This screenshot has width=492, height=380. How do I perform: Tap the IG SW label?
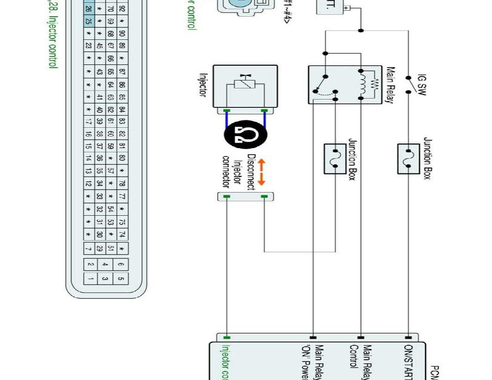[x=422, y=85]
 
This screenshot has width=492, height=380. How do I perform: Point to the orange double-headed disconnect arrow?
[x=261, y=172]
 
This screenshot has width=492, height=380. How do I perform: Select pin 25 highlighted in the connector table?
[x=88, y=21]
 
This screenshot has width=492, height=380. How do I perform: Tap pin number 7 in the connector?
[x=88, y=249]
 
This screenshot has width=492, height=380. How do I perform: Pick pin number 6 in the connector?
[x=121, y=264]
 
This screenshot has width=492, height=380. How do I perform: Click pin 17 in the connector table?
[x=88, y=122]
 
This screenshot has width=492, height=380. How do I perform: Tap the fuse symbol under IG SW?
[x=409, y=159]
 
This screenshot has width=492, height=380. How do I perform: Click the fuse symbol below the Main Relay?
[x=334, y=159]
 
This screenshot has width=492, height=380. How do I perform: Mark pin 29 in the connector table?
[x=100, y=249]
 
